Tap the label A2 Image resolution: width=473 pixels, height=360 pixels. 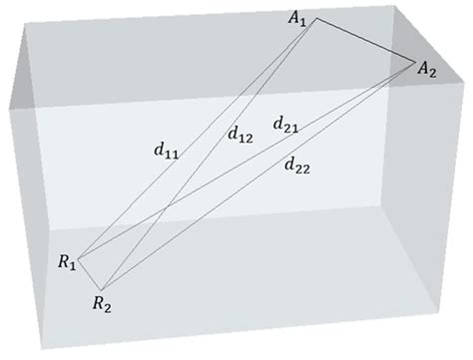(x=427, y=67)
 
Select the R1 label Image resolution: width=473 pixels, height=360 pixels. (x=66, y=264)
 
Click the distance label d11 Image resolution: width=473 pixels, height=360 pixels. (x=156, y=152)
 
